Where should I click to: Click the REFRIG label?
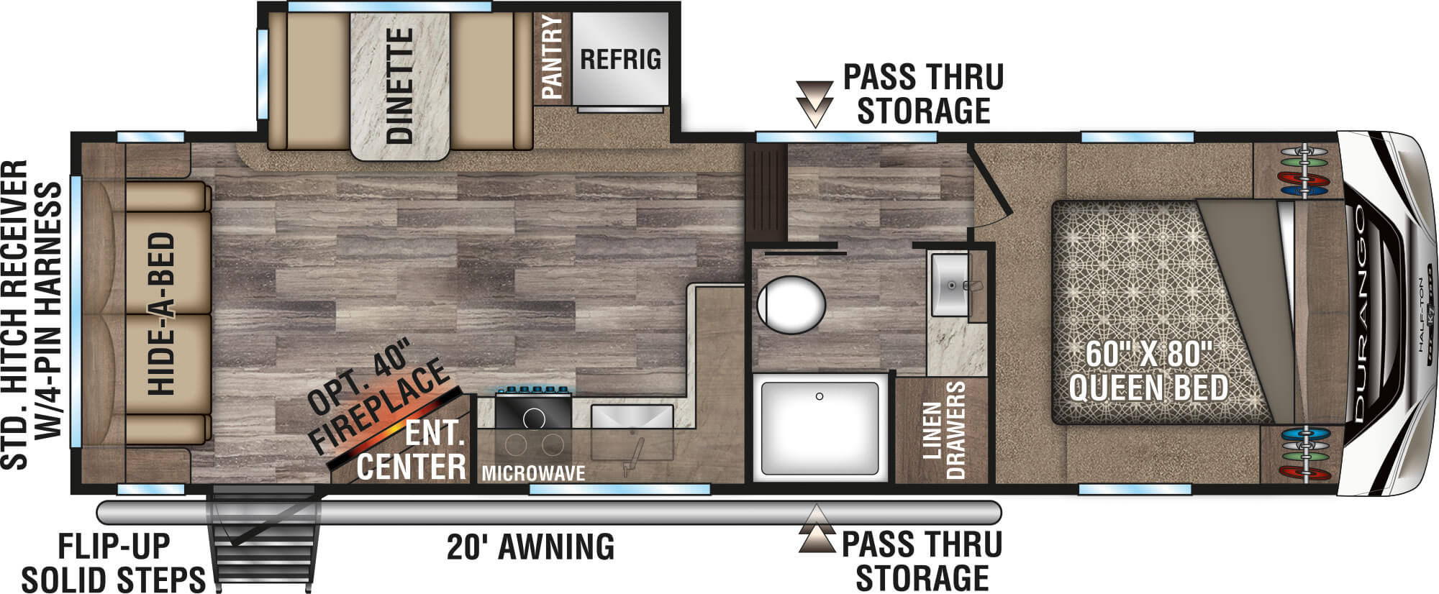[x=620, y=59]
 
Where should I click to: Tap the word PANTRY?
[x=552, y=57]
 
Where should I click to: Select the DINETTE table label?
[x=399, y=86]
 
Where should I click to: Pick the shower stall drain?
[x=819, y=396]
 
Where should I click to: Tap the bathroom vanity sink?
[x=951, y=285]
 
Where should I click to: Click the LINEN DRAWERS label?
[x=943, y=430]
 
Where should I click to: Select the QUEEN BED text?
[x=1148, y=389]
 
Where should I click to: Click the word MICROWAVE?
[x=533, y=473]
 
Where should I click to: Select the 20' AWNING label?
[x=531, y=547]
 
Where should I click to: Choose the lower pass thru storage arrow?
[x=816, y=529]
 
